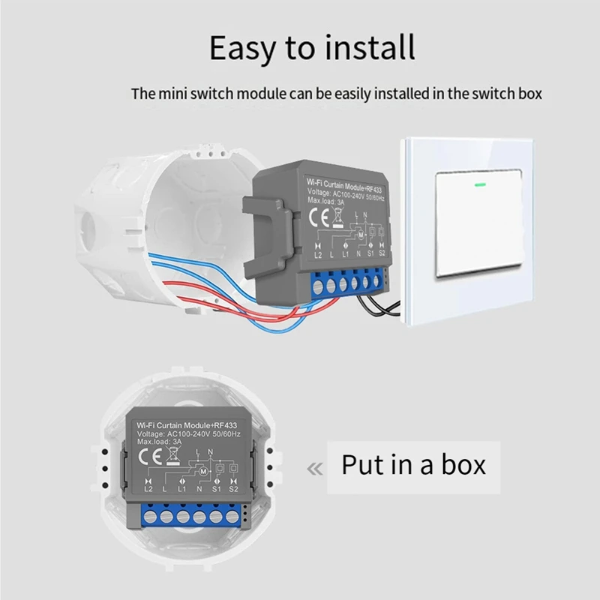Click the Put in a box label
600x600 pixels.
click(x=413, y=464)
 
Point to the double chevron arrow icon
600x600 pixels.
click(x=315, y=469)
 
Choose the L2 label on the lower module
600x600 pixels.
click(x=148, y=488)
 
